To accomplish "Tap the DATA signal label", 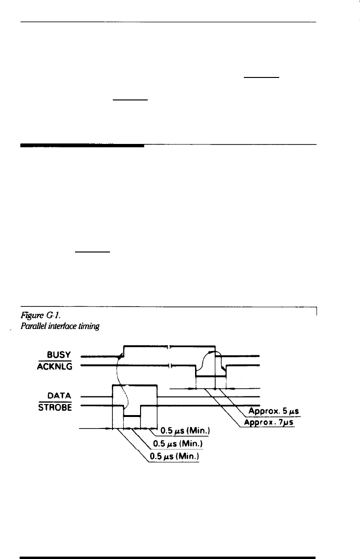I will [60, 396].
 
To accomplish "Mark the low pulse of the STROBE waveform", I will [131, 416].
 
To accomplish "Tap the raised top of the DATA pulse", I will [134, 385].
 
